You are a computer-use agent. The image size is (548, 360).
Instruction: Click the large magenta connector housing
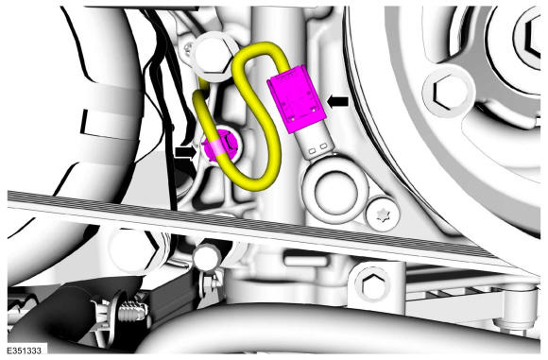tap(297, 99)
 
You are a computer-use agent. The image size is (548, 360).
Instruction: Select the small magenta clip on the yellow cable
tap(222, 146)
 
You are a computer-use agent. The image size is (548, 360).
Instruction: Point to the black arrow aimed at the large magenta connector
tap(337, 101)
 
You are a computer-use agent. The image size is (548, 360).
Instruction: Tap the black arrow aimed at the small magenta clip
tap(187, 152)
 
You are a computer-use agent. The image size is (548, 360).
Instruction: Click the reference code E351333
tap(24, 351)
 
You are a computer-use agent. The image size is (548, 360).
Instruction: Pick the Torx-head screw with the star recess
tap(383, 214)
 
